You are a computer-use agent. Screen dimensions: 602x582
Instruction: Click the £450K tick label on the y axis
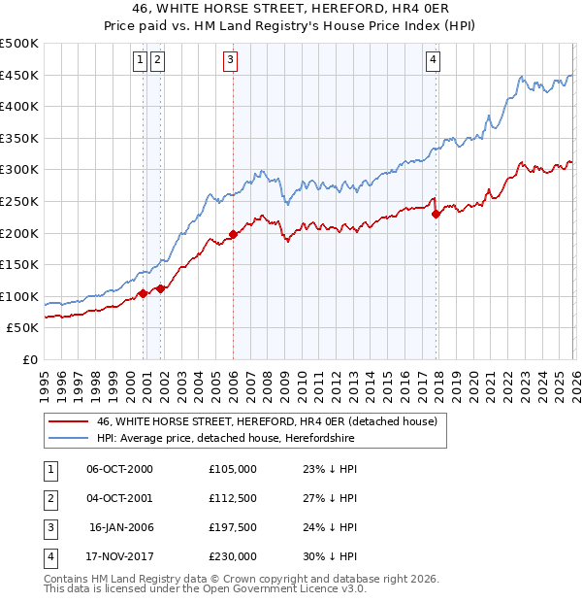pyautogui.click(x=19, y=76)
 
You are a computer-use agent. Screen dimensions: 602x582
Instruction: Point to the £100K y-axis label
pyautogui.click(x=19, y=296)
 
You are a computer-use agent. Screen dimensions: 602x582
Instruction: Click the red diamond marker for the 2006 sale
pyautogui.click(x=234, y=234)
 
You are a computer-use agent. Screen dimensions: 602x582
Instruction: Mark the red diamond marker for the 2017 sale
pyautogui.click(x=436, y=214)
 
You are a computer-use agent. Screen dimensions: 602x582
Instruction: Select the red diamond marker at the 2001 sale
pyautogui.click(x=160, y=288)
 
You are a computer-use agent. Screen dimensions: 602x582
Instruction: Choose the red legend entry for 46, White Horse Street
pyautogui.click(x=267, y=421)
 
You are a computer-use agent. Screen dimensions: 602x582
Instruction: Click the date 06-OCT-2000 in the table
pyautogui.click(x=119, y=469)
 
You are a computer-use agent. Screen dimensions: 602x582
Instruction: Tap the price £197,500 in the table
pyautogui.click(x=233, y=527)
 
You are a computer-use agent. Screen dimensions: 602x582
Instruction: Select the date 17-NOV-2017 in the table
pyautogui.click(x=119, y=556)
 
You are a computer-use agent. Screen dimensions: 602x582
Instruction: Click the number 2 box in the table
pyautogui.click(x=48, y=498)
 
